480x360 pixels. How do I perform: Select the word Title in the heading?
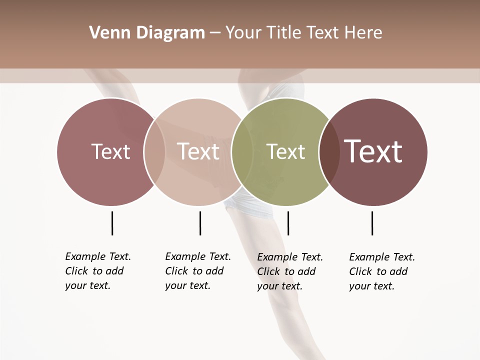point(283,33)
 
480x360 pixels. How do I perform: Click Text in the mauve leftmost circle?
point(110,151)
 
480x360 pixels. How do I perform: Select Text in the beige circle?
point(198,151)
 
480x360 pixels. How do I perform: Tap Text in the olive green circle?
point(285,151)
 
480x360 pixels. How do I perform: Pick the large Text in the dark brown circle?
point(373,151)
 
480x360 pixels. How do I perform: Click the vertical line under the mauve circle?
point(112,223)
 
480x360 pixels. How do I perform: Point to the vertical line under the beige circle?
point(200,223)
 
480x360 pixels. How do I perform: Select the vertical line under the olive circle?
point(288,223)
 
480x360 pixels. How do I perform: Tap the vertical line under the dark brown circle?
point(372,223)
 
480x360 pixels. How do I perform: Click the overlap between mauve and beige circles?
point(154,151)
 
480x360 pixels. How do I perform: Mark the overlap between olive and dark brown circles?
point(329,151)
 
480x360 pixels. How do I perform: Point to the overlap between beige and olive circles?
point(242,151)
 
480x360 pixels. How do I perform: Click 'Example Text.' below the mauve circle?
point(98,257)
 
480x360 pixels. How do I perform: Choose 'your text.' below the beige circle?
point(187,286)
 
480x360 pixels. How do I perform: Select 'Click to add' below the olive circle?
point(286,271)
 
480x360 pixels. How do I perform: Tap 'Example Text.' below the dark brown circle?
point(382,257)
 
